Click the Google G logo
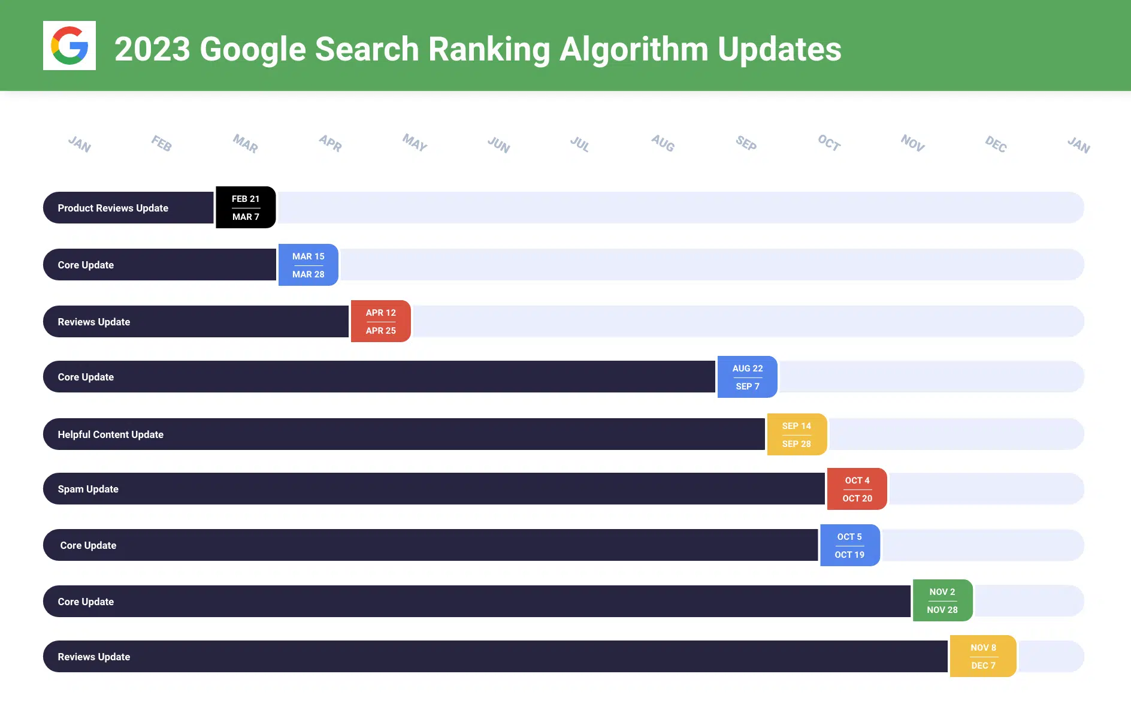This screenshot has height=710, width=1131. click(x=69, y=46)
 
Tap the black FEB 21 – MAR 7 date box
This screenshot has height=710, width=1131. click(x=246, y=207)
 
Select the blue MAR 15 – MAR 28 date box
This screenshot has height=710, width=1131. click(x=308, y=265)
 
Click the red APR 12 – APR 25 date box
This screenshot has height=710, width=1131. click(x=380, y=321)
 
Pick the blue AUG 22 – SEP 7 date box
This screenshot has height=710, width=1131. click(x=747, y=377)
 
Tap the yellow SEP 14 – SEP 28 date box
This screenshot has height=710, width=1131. click(x=796, y=434)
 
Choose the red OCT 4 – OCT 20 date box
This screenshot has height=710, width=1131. click(x=857, y=489)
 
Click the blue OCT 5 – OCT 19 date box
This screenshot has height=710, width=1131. click(x=849, y=545)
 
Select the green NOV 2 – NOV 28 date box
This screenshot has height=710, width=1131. click(x=942, y=600)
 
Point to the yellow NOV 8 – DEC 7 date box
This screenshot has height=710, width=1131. click(x=983, y=656)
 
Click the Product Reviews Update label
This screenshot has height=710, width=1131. click(x=113, y=208)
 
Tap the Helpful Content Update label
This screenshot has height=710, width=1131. click(x=110, y=434)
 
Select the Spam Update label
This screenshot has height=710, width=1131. click(x=88, y=489)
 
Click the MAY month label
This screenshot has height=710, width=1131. click(x=415, y=143)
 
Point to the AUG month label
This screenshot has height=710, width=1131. click(x=663, y=143)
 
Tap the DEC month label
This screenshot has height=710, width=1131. click(x=996, y=144)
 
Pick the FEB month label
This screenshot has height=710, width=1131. click(x=161, y=143)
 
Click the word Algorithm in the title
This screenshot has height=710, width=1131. click(x=633, y=49)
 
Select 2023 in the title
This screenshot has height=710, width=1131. click(x=152, y=49)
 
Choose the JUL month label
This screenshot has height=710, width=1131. click(x=579, y=144)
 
